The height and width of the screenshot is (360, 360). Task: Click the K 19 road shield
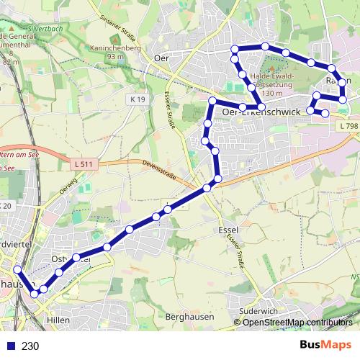pyautogui.click(x=138, y=98)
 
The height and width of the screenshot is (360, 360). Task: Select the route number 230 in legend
pyautogui.click(x=30, y=346)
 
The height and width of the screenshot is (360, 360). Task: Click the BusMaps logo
pyautogui.click(x=326, y=345)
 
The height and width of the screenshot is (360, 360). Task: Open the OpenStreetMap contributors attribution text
pyautogui.click(x=297, y=322)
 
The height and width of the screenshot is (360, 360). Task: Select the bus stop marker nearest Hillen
pyautogui.click(x=43, y=289)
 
